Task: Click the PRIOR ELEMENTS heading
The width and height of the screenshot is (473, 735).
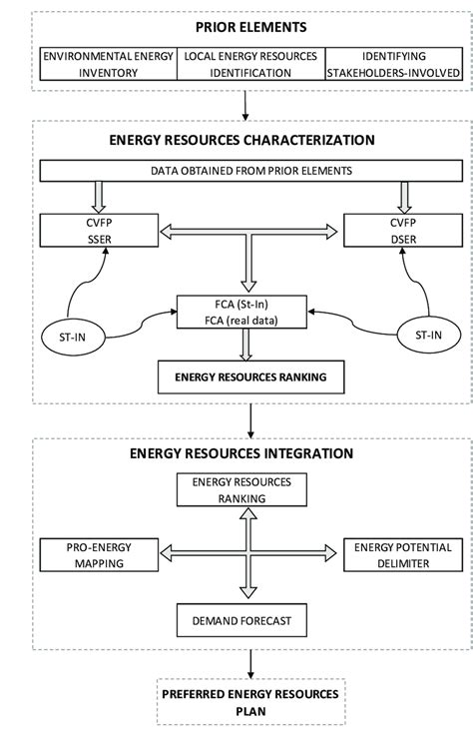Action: pyautogui.click(x=236, y=27)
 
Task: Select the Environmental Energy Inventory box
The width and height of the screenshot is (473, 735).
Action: pyautogui.click(x=108, y=65)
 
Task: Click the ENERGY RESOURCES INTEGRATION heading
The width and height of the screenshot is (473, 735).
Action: pyautogui.click(x=242, y=452)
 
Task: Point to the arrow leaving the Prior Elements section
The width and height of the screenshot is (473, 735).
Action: pyautogui.click(x=243, y=105)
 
